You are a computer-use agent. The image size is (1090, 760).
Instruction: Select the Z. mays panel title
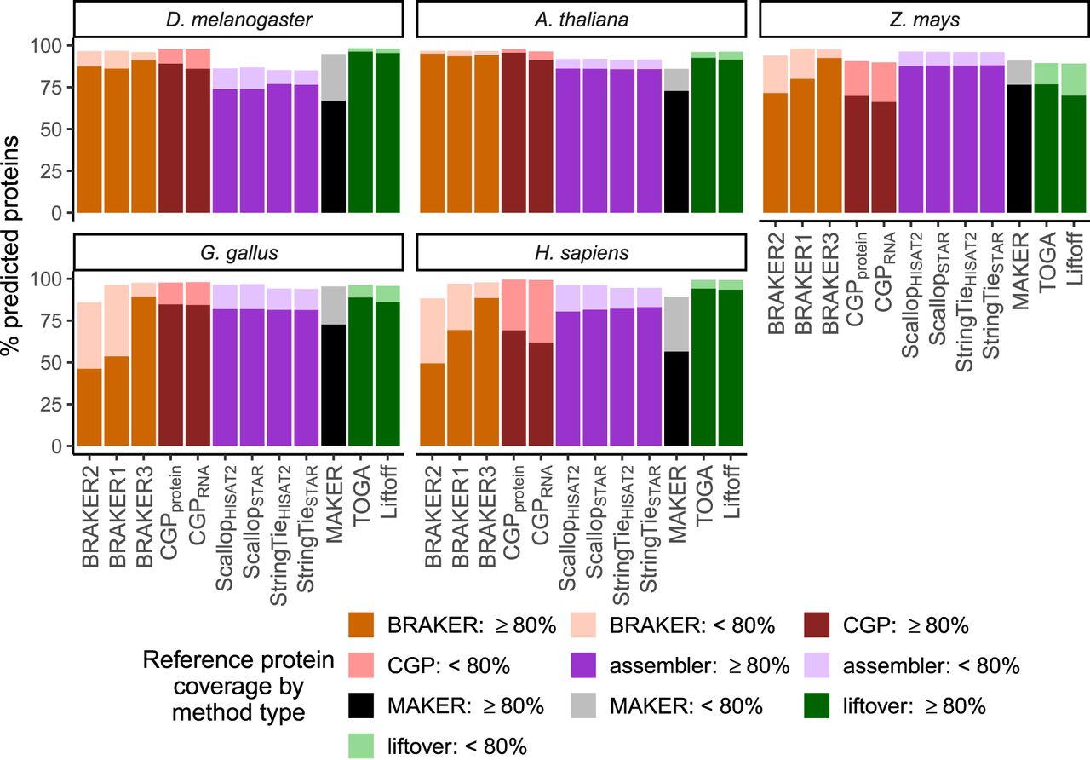point(923,20)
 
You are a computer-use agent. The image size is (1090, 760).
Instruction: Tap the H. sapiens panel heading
point(580,254)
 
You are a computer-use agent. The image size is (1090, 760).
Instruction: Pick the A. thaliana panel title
point(580,20)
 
